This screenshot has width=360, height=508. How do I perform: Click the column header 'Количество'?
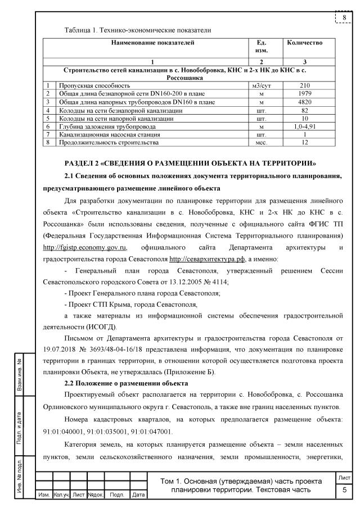[x=304, y=43]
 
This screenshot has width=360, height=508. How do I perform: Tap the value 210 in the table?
[x=304, y=86]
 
